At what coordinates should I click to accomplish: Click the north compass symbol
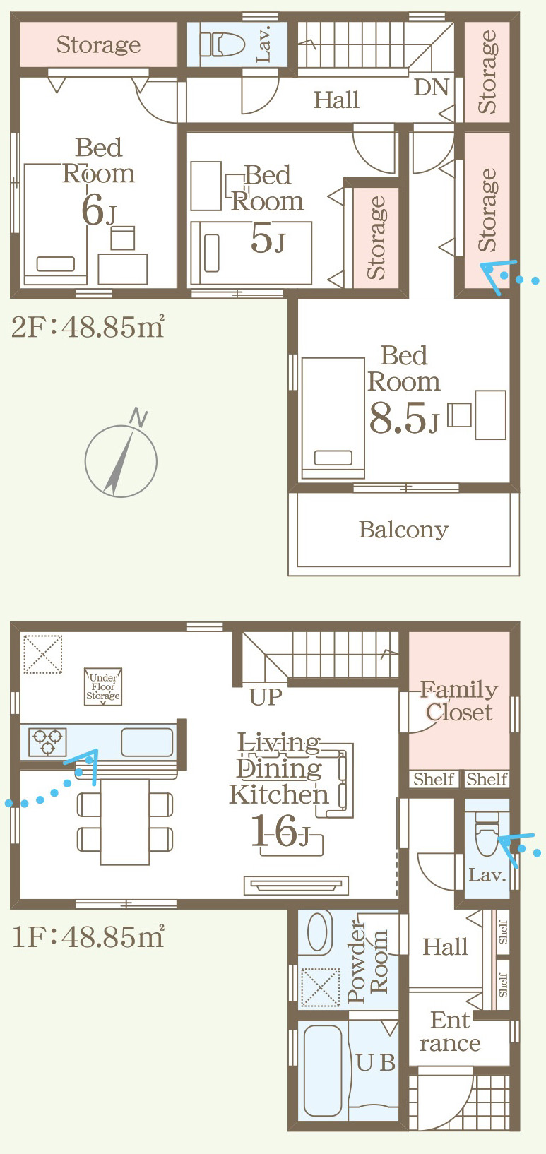121,460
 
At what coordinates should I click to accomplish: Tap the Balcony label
403,530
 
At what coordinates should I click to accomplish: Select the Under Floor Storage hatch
103,686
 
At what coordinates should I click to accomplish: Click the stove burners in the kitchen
47,742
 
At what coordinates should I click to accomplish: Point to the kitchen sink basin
147,742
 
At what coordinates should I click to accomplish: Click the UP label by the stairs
266,697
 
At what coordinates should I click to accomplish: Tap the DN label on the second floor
431,88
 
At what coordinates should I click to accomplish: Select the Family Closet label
459,701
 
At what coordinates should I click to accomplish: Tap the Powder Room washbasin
319,932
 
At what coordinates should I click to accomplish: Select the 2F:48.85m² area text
88,327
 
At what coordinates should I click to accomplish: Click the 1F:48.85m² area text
88,936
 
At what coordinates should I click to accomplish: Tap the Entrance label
450,1032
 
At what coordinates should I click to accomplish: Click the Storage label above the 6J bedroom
98,44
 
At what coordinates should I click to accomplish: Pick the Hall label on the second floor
336,100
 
